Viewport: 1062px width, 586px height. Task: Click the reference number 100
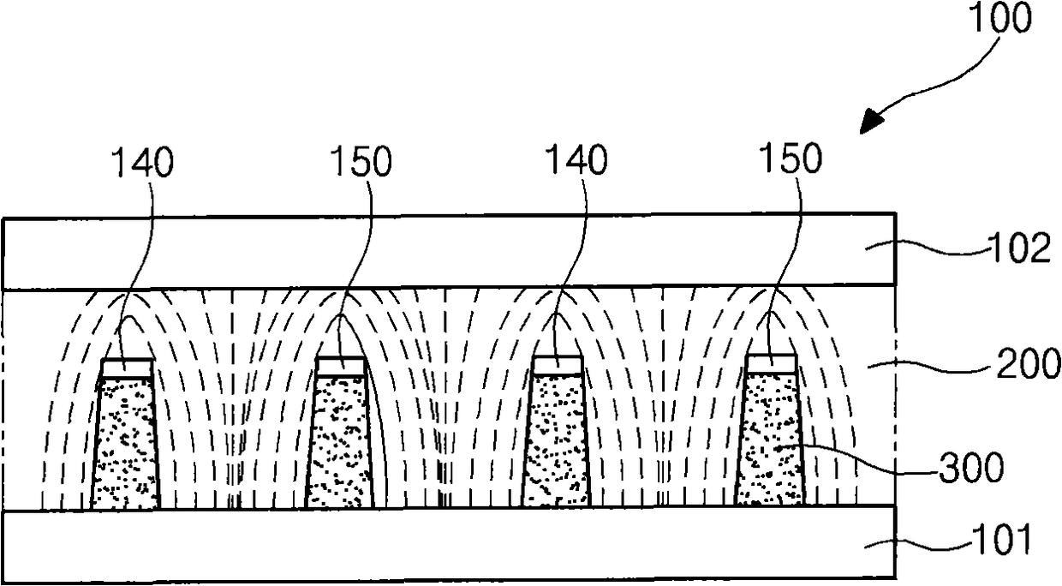point(1003,20)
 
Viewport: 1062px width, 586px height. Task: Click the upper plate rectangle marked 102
point(428,251)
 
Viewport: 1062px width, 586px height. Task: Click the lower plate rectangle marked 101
point(428,544)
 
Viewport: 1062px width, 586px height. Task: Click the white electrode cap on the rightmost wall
point(772,363)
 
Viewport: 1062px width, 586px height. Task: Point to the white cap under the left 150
point(341,365)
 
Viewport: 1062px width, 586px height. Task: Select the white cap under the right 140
point(558,365)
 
